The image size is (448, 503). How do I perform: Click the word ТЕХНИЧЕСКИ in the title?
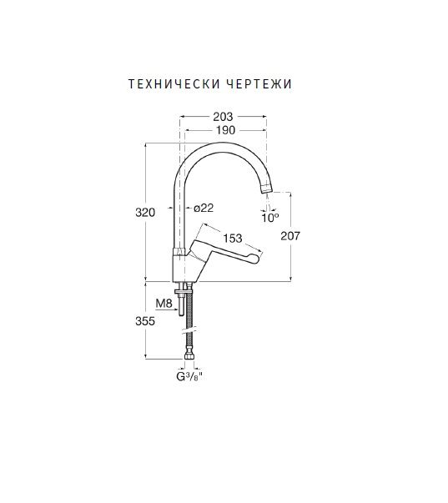(x=174, y=84)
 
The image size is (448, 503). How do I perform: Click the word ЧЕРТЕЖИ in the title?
(x=259, y=84)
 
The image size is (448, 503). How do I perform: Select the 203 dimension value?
(x=223, y=117)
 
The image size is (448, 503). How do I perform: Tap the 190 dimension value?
(x=225, y=130)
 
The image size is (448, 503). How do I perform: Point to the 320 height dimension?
(x=145, y=213)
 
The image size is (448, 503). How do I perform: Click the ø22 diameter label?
(x=204, y=208)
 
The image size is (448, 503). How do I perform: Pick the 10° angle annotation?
(x=270, y=219)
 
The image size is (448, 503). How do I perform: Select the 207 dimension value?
(x=290, y=236)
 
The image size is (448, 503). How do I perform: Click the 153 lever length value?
(x=233, y=238)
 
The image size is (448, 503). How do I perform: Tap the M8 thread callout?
(x=164, y=303)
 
